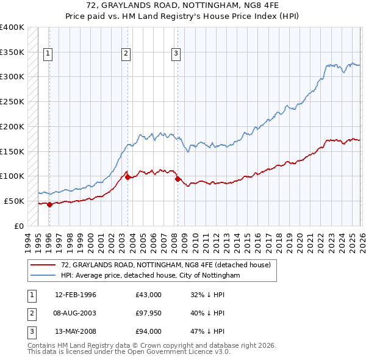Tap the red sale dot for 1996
(49, 204)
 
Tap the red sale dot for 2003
(127, 177)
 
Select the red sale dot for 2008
(178, 179)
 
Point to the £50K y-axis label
(14, 201)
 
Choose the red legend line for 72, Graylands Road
(44, 265)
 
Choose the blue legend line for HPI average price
(44, 276)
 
